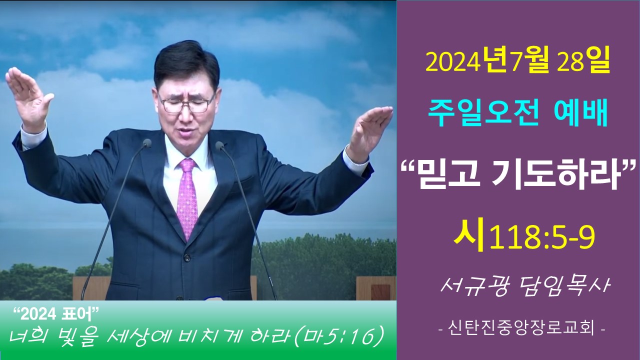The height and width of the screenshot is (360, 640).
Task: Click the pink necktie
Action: click(x=187, y=197)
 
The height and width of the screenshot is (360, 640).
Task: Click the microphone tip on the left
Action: click(x=147, y=143)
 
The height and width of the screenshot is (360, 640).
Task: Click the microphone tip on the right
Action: click(x=219, y=145)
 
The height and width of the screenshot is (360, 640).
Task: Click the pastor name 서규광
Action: click(x=474, y=287)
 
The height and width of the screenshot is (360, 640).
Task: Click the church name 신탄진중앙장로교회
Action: click(x=521, y=329)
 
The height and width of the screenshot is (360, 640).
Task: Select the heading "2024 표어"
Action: click(x=56, y=314)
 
